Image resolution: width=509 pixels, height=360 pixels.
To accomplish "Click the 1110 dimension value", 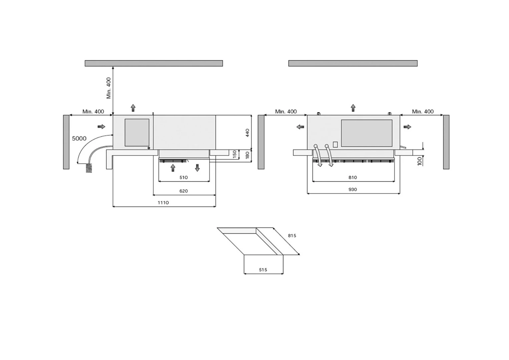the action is pyautogui.click(x=163, y=203).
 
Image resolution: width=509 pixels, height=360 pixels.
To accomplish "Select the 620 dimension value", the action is pyautogui.click(x=184, y=191).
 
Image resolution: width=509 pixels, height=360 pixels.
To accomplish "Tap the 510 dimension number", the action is pyautogui.click(x=184, y=177).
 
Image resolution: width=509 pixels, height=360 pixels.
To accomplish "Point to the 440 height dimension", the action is pyautogui.click(x=247, y=133).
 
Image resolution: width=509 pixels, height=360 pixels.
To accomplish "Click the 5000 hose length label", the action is pyautogui.click(x=79, y=138).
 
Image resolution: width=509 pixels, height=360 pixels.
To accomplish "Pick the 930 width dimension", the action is pyautogui.click(x=353, y=189).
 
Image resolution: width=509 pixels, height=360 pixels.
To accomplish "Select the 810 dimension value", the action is pyautogui.click(x=353, y=177).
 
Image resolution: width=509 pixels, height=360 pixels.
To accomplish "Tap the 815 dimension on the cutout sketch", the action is pyautogui.click(x=292, y=236).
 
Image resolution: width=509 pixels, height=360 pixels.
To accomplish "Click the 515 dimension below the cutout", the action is pyautogui.click(x=263, y=270).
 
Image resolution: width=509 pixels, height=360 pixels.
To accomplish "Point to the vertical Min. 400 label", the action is pyautogui.click(x=109, y=88).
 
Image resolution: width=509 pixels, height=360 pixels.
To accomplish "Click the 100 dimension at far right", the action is pyautogui.click(x=420, y=161).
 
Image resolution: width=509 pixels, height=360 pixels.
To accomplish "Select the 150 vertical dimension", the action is pyautogui.click(x=235, y=154).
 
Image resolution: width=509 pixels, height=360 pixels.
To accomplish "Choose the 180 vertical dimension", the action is pyautogui.click(x=247, y=155).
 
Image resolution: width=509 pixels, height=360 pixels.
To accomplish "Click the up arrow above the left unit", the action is pyautogui.click(x=133, y=108).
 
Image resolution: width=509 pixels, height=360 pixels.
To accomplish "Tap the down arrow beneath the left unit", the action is pyautogui.click(x=197, y=168).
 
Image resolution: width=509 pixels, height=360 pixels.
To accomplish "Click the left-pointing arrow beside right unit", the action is pyautogui.click(x=300, y=127).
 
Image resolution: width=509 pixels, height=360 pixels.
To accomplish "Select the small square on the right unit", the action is pyautogui.click(x=335, y=145).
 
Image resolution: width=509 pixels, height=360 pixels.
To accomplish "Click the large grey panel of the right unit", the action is pyautogui.click(x=367, y=133).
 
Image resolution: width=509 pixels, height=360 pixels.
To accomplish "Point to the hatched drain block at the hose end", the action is pyautogui.click(x=89, y=168).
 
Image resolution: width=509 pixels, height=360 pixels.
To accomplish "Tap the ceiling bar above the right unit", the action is pyautogui.click(x=353, y=63).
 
